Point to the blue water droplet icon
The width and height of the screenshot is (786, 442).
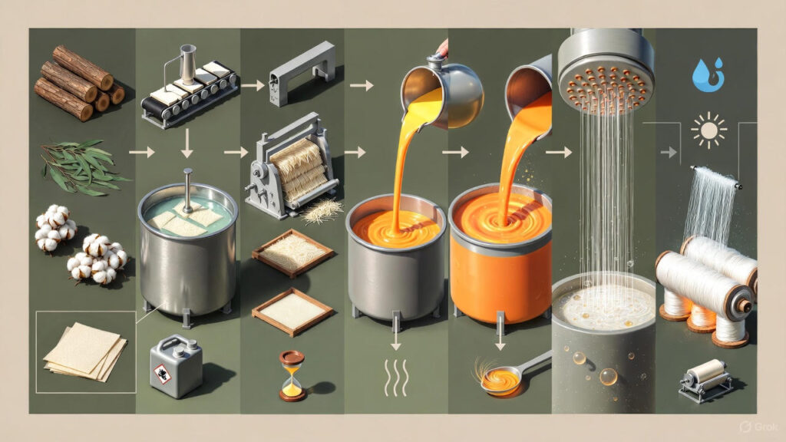point(707,75)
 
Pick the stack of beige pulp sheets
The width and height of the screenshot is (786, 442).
point(85,353)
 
